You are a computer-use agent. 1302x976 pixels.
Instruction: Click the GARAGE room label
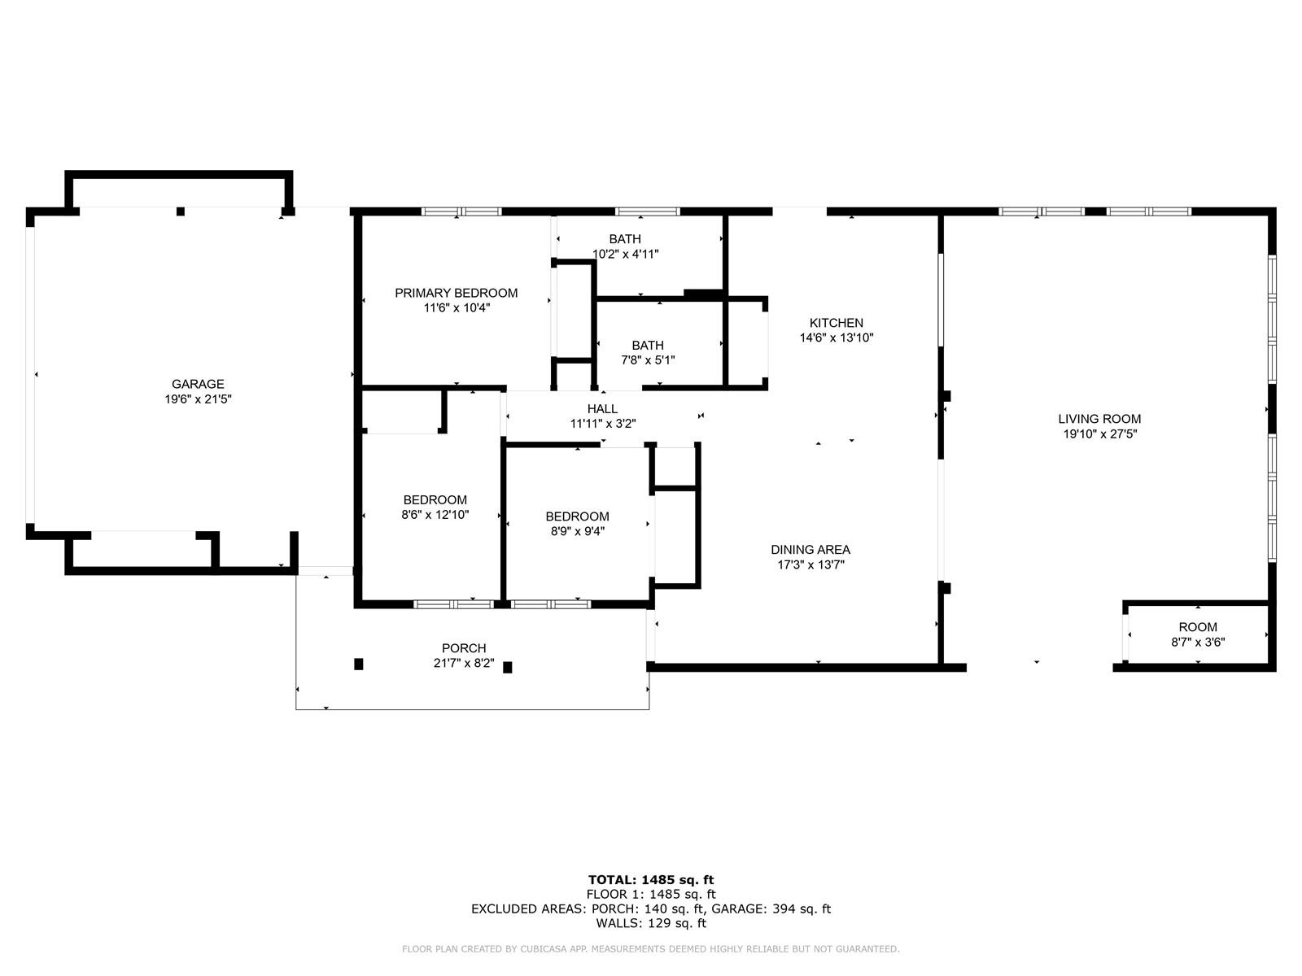pos(198,384)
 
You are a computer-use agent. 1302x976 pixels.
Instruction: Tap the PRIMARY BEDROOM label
pos(457,293)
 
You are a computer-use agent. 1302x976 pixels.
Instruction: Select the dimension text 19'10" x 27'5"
pos(1099,434)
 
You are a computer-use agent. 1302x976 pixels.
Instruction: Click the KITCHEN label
pos(837,323)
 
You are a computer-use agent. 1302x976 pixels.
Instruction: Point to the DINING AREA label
pos(810,550)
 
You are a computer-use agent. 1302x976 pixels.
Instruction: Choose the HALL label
pos(602,409)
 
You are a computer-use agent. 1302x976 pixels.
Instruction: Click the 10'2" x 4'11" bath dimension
pos(625,255)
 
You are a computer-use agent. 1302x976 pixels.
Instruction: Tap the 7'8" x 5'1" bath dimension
pos(648,360)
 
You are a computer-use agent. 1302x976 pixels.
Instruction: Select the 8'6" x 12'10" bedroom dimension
pos(435,515)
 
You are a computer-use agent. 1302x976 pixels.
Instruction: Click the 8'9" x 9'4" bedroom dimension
pos(577,532)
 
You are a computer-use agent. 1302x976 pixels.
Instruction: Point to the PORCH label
pos(463,648)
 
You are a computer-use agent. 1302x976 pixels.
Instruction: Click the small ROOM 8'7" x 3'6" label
pos(1198,634)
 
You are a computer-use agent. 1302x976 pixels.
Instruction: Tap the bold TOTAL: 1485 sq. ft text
pos(651,880)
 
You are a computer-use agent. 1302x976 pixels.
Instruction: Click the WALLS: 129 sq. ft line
pos(651,922)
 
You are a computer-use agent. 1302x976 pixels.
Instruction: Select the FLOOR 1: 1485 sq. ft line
pos(651,894)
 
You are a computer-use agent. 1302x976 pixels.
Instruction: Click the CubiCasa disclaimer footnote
pos(651,948)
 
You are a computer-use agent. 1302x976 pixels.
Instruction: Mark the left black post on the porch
pos(358,664)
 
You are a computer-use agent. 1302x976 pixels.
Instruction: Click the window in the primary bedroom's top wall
pos(461,211)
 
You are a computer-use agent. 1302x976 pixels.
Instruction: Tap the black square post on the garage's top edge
pos(181,211)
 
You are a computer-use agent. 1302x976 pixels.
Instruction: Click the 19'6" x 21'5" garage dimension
pos(198,399)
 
